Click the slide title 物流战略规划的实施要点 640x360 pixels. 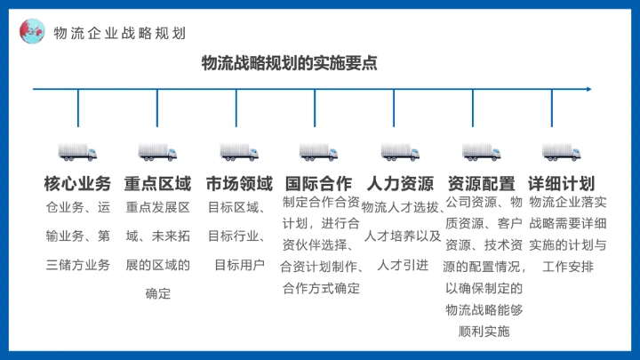[x=290, y=63]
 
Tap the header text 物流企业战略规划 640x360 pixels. [x=120, y=34]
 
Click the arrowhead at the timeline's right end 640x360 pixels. [x=588, y=88]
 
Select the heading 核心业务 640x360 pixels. [x=78, y=184]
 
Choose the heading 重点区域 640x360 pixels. [x=158, y=184]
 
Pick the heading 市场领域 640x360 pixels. [x=239, y=184]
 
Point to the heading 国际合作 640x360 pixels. [x=319, y=184]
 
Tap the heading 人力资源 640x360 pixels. [x=400, y=184]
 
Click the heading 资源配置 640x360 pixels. [x=481, y=184]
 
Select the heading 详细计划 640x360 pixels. [x=561, y=184]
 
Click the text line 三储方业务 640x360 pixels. [x=78, y=265]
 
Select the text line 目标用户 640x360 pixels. [x=239, y=265]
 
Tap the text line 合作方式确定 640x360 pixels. [x=321, y=288]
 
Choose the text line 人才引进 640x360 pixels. [x=403, y=265]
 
